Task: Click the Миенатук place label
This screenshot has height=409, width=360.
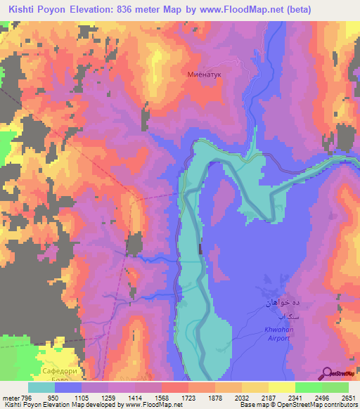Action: (204, 72)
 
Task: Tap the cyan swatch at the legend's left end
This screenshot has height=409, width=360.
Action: (41, 387)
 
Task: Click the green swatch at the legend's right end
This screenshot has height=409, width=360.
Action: (335, 387)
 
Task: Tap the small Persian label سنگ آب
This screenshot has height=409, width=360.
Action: (279, 317)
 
